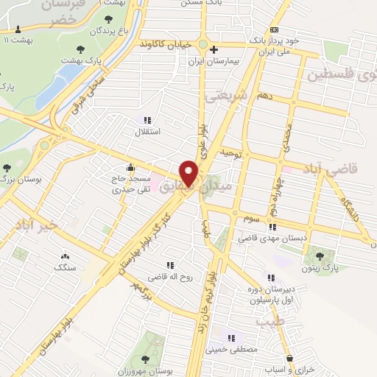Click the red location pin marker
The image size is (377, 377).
[x=189, y=172]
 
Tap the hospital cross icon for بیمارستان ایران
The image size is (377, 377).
[x=214, y=51]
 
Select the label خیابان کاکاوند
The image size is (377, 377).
[x=170, y=45]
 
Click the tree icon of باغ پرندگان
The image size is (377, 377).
[x=110, y=19]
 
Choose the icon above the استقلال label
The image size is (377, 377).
[x=147, y=119]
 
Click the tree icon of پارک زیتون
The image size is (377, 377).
[x=319, y=256]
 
